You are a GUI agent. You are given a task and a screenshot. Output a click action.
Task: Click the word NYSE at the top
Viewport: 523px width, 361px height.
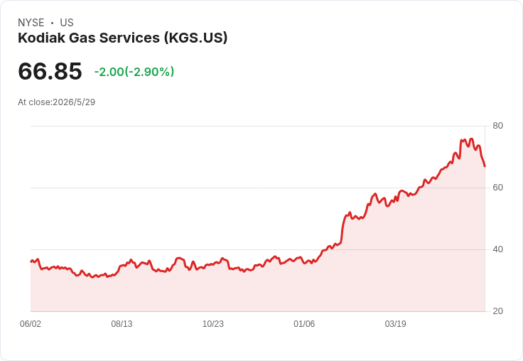click(31, 23)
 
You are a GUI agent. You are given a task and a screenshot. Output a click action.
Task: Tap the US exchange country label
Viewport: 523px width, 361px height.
click(67, 23)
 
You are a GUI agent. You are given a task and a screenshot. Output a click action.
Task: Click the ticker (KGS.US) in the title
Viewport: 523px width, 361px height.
click(195, 38)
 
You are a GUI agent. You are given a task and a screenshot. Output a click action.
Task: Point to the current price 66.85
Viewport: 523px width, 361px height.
click(50, 71)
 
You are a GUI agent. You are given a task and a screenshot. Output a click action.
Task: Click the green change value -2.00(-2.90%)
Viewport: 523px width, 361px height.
click(134, 72)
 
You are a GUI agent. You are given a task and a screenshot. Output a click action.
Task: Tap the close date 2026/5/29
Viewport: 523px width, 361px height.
click(74, 102)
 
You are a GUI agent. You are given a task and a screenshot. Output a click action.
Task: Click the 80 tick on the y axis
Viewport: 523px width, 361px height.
click(497, 126)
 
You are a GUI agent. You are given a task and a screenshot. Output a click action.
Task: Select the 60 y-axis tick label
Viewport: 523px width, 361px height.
click(497, 188)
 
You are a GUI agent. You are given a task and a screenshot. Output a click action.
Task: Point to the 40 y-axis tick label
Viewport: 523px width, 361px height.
click(497, 249)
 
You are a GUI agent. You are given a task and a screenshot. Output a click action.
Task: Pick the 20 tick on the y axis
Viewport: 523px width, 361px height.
click(497, 311)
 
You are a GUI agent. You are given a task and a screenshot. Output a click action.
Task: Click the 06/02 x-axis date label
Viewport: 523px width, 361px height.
click(31, 323)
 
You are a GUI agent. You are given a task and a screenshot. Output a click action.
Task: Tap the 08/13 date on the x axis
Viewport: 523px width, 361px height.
click(122, 323)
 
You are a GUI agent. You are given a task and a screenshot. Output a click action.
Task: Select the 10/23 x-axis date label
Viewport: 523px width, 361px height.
click(212, 323)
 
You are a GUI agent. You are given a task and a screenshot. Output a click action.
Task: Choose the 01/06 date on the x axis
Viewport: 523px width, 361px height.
click(304, 323)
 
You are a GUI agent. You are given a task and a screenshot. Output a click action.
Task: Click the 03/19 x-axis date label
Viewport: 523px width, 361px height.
click(395, 323)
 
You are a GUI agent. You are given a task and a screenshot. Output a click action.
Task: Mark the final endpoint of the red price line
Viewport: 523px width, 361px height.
click(485, 166)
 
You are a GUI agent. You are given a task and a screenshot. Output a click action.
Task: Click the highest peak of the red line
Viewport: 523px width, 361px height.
click(471, 139)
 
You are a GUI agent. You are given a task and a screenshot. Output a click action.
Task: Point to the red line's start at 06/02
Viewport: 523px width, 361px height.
click(31, 262)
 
